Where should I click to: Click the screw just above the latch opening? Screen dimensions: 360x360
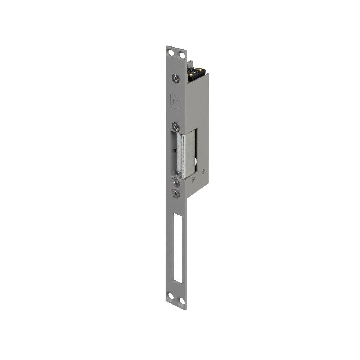point(176,127)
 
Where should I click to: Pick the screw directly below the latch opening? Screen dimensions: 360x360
point(176,182)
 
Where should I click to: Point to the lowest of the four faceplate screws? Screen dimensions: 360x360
point(176,193)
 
